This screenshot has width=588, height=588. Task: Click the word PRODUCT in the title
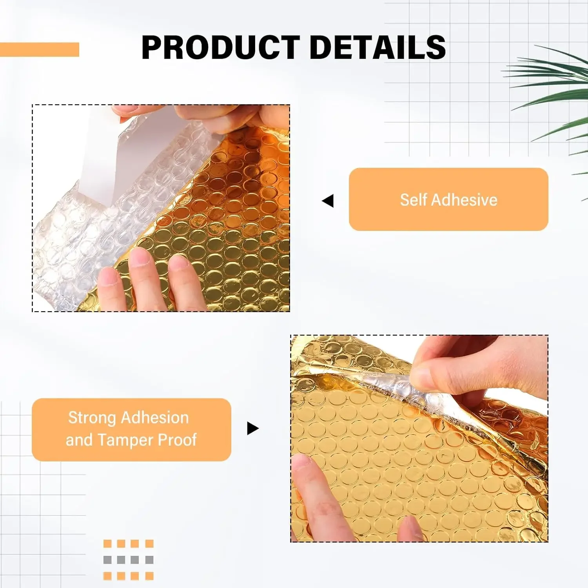[x=220, y=47]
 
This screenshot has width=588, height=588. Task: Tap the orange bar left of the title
[x=39, y=50]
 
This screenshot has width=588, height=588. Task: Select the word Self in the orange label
[x=413, y=200]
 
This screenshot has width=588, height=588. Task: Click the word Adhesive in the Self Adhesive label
[x=464, y=200]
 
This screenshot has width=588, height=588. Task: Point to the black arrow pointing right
[x=253, y=428]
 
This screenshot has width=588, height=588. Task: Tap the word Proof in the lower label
[x=177, y=440]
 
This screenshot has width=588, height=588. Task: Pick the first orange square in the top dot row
[x=107, y=544]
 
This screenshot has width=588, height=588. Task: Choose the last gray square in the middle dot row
[x=149, y=560]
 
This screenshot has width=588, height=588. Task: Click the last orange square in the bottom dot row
[x=149, y=576]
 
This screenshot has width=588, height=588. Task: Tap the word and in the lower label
[x=79, y=440]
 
